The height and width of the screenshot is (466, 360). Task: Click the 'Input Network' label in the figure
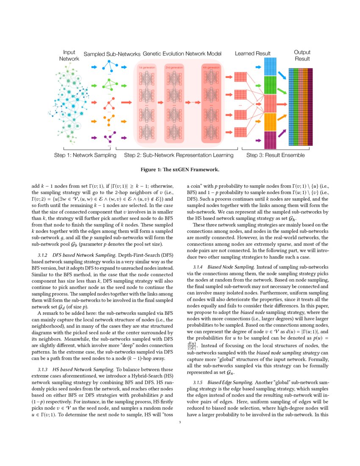[x=69, y=55]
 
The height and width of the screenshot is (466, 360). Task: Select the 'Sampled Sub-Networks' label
[x=112, y=54]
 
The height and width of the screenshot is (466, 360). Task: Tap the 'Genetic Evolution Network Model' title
[x=182, y=54]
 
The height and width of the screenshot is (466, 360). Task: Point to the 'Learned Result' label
[x=253, y=54]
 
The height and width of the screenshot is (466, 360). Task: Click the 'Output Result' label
[x=302, y=55]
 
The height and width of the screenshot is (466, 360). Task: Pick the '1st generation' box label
[x=146, y=67]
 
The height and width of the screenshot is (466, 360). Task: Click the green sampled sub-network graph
[x=109, y=85]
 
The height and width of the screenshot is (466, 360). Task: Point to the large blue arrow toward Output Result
[x=282, y=75]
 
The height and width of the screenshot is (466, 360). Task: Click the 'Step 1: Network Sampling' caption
[x=85, y=155]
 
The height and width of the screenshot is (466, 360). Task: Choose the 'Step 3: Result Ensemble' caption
[x=275, y=155]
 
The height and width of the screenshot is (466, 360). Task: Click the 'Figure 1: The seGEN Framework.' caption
[x=180, y=170]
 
